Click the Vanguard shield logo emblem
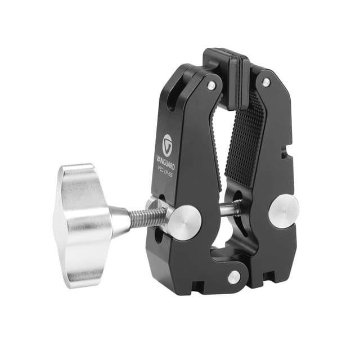click(x=167, y=141)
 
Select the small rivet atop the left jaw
click(x=211, y=85)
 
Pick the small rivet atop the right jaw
click(x=265, y=82)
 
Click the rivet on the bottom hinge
click(x=233, y=277)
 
